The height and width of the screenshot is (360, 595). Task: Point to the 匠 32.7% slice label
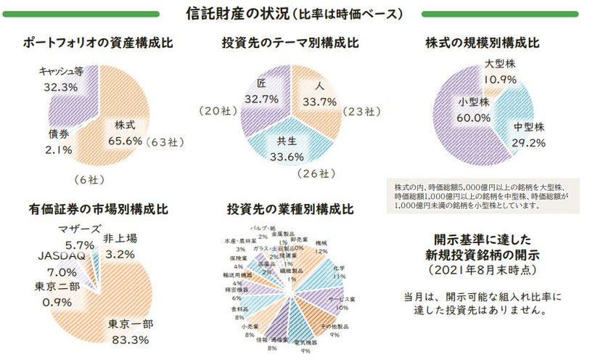point(262,91)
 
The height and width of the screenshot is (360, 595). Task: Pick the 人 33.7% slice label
point(317,94)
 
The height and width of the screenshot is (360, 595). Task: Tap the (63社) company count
point(167,142)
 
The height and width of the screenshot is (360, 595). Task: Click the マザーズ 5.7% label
point(75,237)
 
